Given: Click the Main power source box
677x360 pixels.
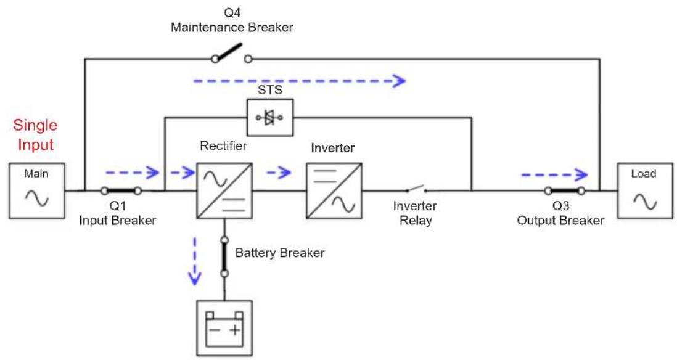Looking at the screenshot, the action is pyautogui.click(x=37, y=191).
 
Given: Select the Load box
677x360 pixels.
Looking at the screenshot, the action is pyautogui.click(x=644, y=191).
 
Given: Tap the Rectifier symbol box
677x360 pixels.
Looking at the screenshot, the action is pyautogui.click(x=224, y=191).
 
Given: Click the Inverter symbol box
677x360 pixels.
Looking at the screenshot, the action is pyautogui.click(x=334, y=191).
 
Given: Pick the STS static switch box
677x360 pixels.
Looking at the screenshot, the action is pyautogui.click(x=270, y=117).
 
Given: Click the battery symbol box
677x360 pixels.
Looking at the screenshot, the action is pyautogui.click(x=224, y=328).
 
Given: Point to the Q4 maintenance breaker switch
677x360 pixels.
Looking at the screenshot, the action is pyautogui.click(x=231, y=54).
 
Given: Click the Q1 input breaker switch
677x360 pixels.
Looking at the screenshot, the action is pyautogui.click(x=121, y=190).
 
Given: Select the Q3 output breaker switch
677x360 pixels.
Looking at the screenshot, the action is pyautogui.click(x=565, y=190).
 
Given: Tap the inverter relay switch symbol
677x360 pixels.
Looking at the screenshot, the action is pyautogui.click(x=416, y=189).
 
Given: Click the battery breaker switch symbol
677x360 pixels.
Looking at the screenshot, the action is pyautogui.click(x=224, y=257).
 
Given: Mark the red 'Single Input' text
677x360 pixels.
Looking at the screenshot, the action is pyautogui.click(x=35, y=134).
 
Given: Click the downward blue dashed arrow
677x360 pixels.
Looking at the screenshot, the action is pyautogui.click(x=195, y=261).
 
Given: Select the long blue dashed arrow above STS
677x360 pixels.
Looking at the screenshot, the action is pyautogui.click(x=300, y=81).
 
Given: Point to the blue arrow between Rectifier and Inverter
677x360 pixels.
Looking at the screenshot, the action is pyautogui.click(x=279, y=173).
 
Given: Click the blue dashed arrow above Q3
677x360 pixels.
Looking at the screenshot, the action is pyautogui.click(x=555, y=175).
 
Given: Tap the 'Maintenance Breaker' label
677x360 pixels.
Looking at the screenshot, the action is pyautogui.click(x=232, y=28).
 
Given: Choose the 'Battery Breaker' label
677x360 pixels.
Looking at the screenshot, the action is pyautogui.click(x=280, y=253).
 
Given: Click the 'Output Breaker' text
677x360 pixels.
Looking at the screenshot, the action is pyautogui.click(x=561, y=221).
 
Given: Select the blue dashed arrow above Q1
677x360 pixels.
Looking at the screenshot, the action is pyautogui.click(x=133, y=173).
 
